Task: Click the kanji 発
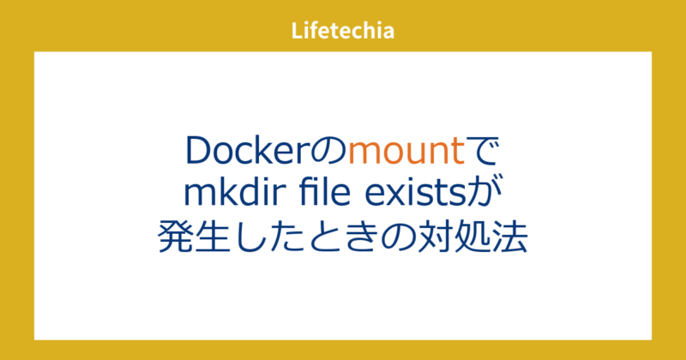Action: [177, 236]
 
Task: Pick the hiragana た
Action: [298, 236]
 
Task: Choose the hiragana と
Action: [340, 236]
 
